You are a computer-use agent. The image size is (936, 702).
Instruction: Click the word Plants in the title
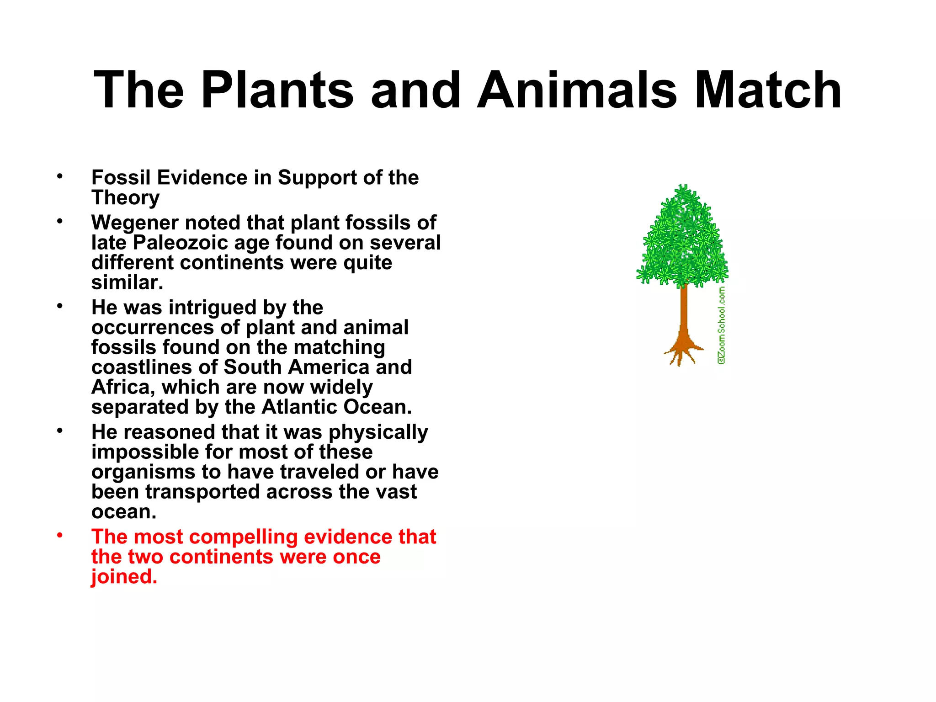tap(277, 90)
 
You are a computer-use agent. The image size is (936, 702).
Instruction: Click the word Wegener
tap(134, 223)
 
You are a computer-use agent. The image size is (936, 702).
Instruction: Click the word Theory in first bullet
tap(125, 198)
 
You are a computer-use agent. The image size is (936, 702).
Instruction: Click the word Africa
tap(120, 388)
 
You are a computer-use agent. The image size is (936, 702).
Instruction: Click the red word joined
tap(124, 577)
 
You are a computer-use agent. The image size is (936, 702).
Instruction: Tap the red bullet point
tap(59, 535)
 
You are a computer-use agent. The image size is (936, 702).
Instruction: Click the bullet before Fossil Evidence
tap(59, 176)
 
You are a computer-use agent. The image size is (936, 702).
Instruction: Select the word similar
tap(127, 283)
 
